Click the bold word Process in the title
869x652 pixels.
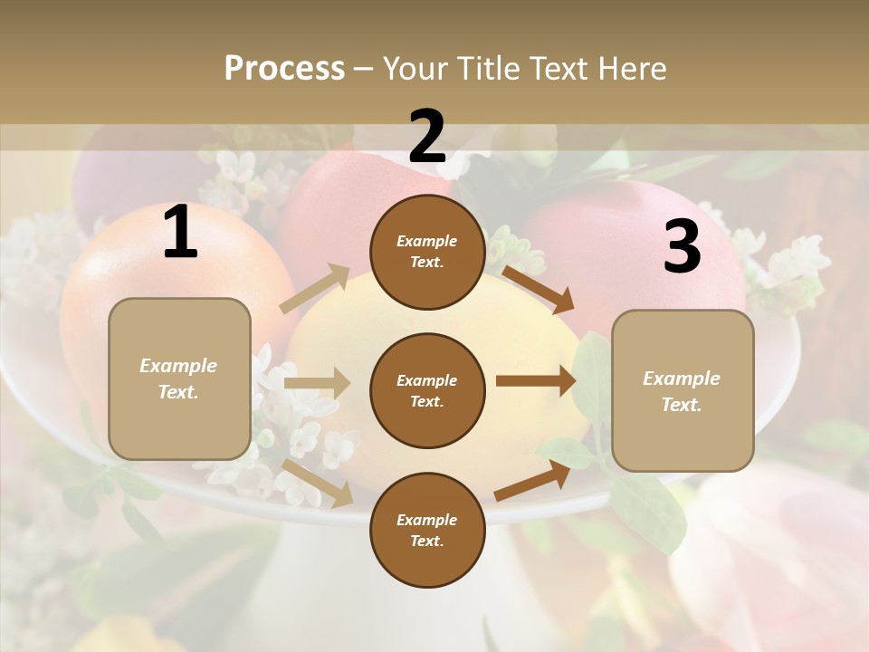click(284, 68)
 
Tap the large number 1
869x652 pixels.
click(180, 233)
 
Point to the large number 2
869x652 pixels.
click(427, 137)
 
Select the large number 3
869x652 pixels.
click(682, 247)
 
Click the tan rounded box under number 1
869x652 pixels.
click(179, 379)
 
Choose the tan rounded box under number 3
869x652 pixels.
click(683, 390)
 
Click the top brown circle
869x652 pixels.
click(427, 252)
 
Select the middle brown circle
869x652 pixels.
click(427, 390)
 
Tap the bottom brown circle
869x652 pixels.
click(427, 530)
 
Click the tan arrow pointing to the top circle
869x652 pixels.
click(315, 289)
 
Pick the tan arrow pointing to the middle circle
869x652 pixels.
click(317, 383)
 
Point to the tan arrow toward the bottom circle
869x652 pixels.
click(318, 483)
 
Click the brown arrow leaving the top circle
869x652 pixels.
click(539, 289)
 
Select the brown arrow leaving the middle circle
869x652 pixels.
click(536, 381)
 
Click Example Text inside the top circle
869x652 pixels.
click(427, 252)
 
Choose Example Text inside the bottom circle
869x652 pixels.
click(427, 530)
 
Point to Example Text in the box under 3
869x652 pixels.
click(682, 391)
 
